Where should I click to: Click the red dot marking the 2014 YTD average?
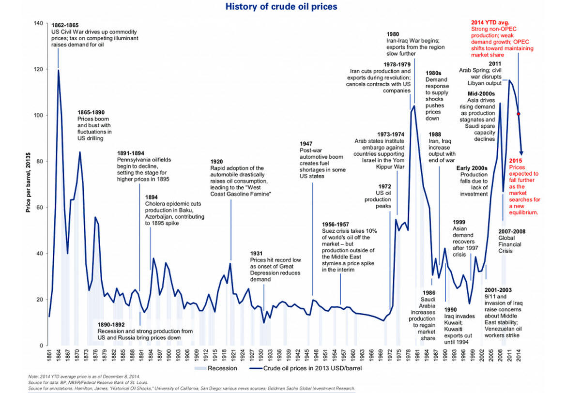click(x=519, y=114)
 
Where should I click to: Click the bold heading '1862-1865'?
click(x=65, y=25)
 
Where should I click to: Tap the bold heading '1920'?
click(x=217, y=161)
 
